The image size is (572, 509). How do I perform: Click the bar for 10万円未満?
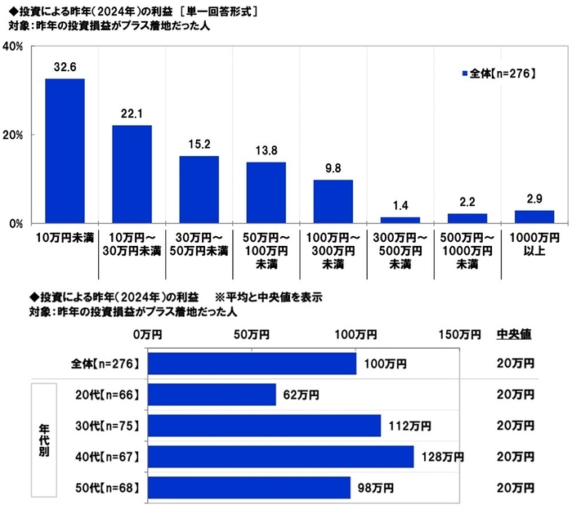pyautogui.click(x=65, y=151)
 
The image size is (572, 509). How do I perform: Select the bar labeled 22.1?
pyautogui.click(x=132, y=174)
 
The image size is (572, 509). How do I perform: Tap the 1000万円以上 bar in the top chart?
pyautogui.click(x=534, y=217)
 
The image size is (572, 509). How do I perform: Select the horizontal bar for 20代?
pyautogui.click(x=215, y=395)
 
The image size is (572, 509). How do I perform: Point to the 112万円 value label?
pyautogui.click(x=409, y=426)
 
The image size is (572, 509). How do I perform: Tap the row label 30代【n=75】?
pyautogui.click(x=107, y=426)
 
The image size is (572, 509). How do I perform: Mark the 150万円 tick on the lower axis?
pyautogui.click(x=459, y=334)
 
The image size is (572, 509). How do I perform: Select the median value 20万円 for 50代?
pyautogui.click(x=515, y=488)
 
